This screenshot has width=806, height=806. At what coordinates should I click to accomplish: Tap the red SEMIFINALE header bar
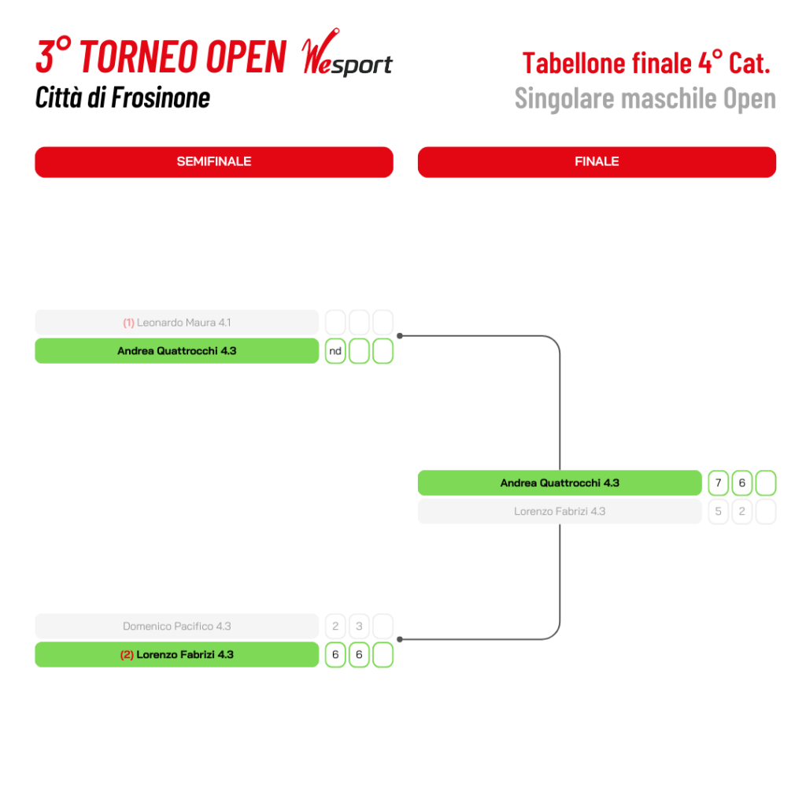pos(213,161)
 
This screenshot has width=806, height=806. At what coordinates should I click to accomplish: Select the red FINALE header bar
pos(597,161)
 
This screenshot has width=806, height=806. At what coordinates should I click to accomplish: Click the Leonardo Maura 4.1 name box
pos(177,323)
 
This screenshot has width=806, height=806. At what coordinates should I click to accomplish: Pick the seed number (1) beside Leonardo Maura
pos(128,323)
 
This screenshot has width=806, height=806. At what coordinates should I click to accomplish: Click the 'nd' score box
pos(335,351)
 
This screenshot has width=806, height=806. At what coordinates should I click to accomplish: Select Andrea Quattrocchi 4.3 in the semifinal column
pos(177,351)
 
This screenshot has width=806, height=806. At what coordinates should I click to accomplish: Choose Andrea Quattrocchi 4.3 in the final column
pos(560,482)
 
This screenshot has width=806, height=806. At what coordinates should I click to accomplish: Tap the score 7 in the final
pos(718,482)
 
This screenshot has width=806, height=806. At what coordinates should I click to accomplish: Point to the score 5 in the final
pos(718,512)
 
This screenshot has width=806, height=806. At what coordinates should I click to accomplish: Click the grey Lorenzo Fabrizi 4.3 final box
pos(560,512)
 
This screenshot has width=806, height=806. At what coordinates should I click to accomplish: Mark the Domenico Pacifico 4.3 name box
pos(177,627)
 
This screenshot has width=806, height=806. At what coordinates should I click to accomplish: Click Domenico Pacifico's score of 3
pos(359,627)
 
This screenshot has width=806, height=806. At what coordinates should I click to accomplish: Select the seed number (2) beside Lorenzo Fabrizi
pos(127,655)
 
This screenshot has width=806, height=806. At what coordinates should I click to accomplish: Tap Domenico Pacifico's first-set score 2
pos(335,627)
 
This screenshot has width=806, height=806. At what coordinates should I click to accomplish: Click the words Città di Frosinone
pos(123,98)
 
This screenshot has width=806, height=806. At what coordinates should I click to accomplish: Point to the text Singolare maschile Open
pos(645,98)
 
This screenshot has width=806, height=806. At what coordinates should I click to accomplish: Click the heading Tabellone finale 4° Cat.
pos(645,62)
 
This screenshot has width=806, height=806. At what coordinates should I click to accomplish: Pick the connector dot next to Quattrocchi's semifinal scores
pos(400,336)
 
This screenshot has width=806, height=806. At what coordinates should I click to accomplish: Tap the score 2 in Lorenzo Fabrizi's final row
pos(741,512)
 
